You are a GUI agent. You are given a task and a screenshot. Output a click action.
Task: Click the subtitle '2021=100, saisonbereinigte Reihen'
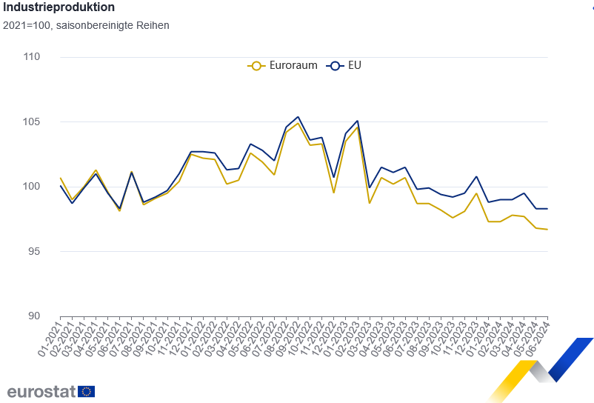coord(85,25)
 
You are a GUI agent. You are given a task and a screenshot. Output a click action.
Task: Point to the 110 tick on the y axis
coord(30,57)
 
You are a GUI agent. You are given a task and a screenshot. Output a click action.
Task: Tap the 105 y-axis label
coord(30,121)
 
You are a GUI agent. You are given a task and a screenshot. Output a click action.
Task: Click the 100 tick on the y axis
coord(30,186)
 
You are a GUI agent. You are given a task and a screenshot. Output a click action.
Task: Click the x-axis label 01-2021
coord(50,337)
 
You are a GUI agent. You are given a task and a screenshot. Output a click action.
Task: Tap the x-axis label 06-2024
coord(536,337)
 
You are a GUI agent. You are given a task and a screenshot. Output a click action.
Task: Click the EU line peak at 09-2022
coord(298,116)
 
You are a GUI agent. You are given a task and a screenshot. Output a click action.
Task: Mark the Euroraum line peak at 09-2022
coord(298,123)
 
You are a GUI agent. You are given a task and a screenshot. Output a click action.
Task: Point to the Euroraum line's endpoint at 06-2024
coord(547,230)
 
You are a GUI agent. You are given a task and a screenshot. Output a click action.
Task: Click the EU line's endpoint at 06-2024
coord(547,209)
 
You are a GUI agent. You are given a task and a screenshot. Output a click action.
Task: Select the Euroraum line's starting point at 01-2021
coord(60,178)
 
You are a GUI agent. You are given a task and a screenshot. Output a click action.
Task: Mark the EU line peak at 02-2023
coord(358,121)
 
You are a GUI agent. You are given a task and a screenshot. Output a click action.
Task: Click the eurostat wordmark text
coord(41,391)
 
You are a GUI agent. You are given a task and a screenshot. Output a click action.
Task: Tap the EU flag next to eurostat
coord(86,391)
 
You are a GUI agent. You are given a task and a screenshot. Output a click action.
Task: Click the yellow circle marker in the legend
coord(256,65)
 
